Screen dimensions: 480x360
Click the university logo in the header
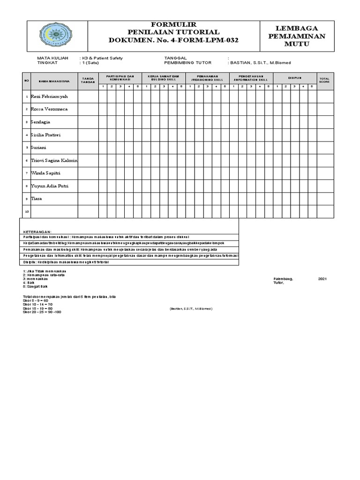pos(55,36)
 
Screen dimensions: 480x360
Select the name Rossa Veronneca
pos(49,109)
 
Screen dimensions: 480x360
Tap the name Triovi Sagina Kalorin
pos(54,160)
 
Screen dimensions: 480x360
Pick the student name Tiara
pos(36,199)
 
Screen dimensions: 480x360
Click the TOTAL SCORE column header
pos(324,80)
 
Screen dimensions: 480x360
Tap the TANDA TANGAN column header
pos(88,80)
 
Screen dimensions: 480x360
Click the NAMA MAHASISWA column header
pos(54,81)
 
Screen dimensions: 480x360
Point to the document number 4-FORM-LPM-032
pos(173,40)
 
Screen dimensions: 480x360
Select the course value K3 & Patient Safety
pos(102,58)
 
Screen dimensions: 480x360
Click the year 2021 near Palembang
pos(322,279)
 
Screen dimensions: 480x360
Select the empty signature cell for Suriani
pos(88,147)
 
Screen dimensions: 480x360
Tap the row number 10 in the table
pos(26,211)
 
